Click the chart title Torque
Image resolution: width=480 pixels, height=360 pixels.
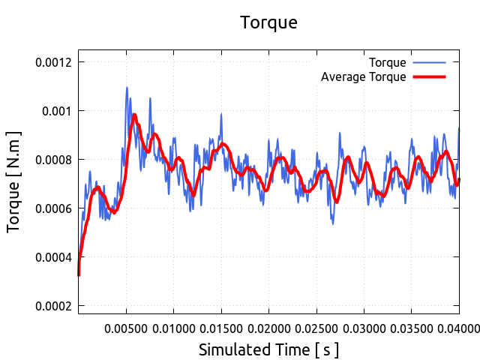click(x=268, y=22)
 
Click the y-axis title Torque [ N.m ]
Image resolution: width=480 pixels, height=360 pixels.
click(x=13, y=181)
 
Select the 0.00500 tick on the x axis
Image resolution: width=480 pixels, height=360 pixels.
click(x=126, y=328)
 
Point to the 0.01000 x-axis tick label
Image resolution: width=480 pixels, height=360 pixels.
click(x=173, y=328)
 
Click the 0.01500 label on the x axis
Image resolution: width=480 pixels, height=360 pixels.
click(x=221, y=328)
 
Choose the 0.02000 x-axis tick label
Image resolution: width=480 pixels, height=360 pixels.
click(x=268, y=328)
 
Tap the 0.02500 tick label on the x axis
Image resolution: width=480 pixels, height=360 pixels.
click(x=316, y=328)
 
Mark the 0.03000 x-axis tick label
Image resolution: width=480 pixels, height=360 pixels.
click(x=364, y=328)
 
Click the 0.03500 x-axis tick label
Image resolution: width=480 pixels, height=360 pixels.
click(x=412, y=328)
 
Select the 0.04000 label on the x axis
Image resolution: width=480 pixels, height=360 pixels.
click(x=458, y=328)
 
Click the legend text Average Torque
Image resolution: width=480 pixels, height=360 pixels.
click(x=363, y=76)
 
